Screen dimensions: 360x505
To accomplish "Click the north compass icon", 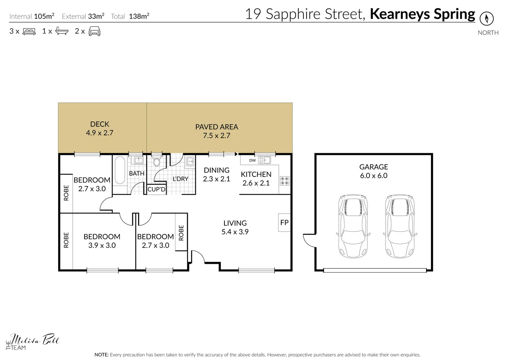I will click(486, 18).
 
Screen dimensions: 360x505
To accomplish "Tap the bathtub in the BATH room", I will click(120, 170).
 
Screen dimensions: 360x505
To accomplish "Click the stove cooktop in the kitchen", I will click(285, 181).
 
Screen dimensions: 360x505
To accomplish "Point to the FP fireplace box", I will click(284, 223).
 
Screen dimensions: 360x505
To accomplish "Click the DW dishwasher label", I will click(252, 160).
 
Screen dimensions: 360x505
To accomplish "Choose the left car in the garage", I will click(353, 226).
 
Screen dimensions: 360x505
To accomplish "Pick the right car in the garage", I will click(400, 226).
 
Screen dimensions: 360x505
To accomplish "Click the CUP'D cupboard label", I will click(156, 189).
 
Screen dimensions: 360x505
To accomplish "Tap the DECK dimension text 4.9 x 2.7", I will click(100, 133).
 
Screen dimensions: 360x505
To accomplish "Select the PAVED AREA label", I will click(216, 127).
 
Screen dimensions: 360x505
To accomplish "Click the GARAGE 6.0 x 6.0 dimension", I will click(374, 176).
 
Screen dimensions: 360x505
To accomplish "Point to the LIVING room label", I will click(235, 223).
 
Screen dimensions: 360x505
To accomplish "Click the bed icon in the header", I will click(29, 32).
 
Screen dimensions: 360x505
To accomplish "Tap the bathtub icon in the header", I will click(62, 31).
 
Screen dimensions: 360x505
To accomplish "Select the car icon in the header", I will click(94, 31).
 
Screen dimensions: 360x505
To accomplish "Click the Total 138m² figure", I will click(139, 16).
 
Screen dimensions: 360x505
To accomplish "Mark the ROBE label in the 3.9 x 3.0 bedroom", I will click(66, 240).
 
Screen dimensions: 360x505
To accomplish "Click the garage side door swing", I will click(310, 240).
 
